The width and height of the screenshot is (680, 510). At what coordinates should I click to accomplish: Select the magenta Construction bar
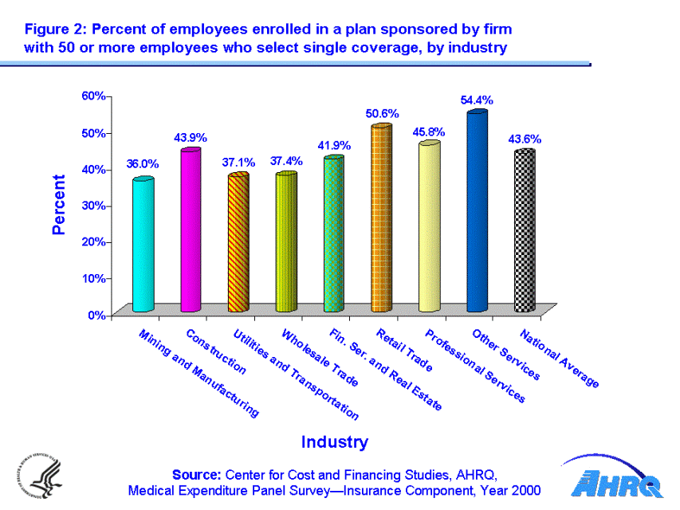[191, 231]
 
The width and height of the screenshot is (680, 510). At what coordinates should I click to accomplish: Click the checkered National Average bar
[525, 231]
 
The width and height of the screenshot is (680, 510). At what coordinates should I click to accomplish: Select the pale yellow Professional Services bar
[429, 227]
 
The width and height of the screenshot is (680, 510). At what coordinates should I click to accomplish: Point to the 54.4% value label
[477, 100]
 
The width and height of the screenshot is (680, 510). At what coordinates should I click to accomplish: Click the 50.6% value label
[382, 114]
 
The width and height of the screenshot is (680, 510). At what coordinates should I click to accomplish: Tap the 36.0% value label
[143, 164]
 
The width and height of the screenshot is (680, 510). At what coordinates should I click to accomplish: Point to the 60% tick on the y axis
[94, 96]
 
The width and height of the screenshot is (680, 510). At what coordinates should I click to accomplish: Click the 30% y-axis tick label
[94, 206]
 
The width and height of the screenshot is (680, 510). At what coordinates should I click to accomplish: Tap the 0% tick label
[97, 315]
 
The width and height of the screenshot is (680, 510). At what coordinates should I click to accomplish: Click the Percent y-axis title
[59, 205]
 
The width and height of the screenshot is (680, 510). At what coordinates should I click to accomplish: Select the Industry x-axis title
[334, 441]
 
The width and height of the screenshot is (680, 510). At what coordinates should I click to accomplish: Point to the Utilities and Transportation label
[295, 375]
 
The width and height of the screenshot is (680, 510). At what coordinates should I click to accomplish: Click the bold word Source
[197, 476]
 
